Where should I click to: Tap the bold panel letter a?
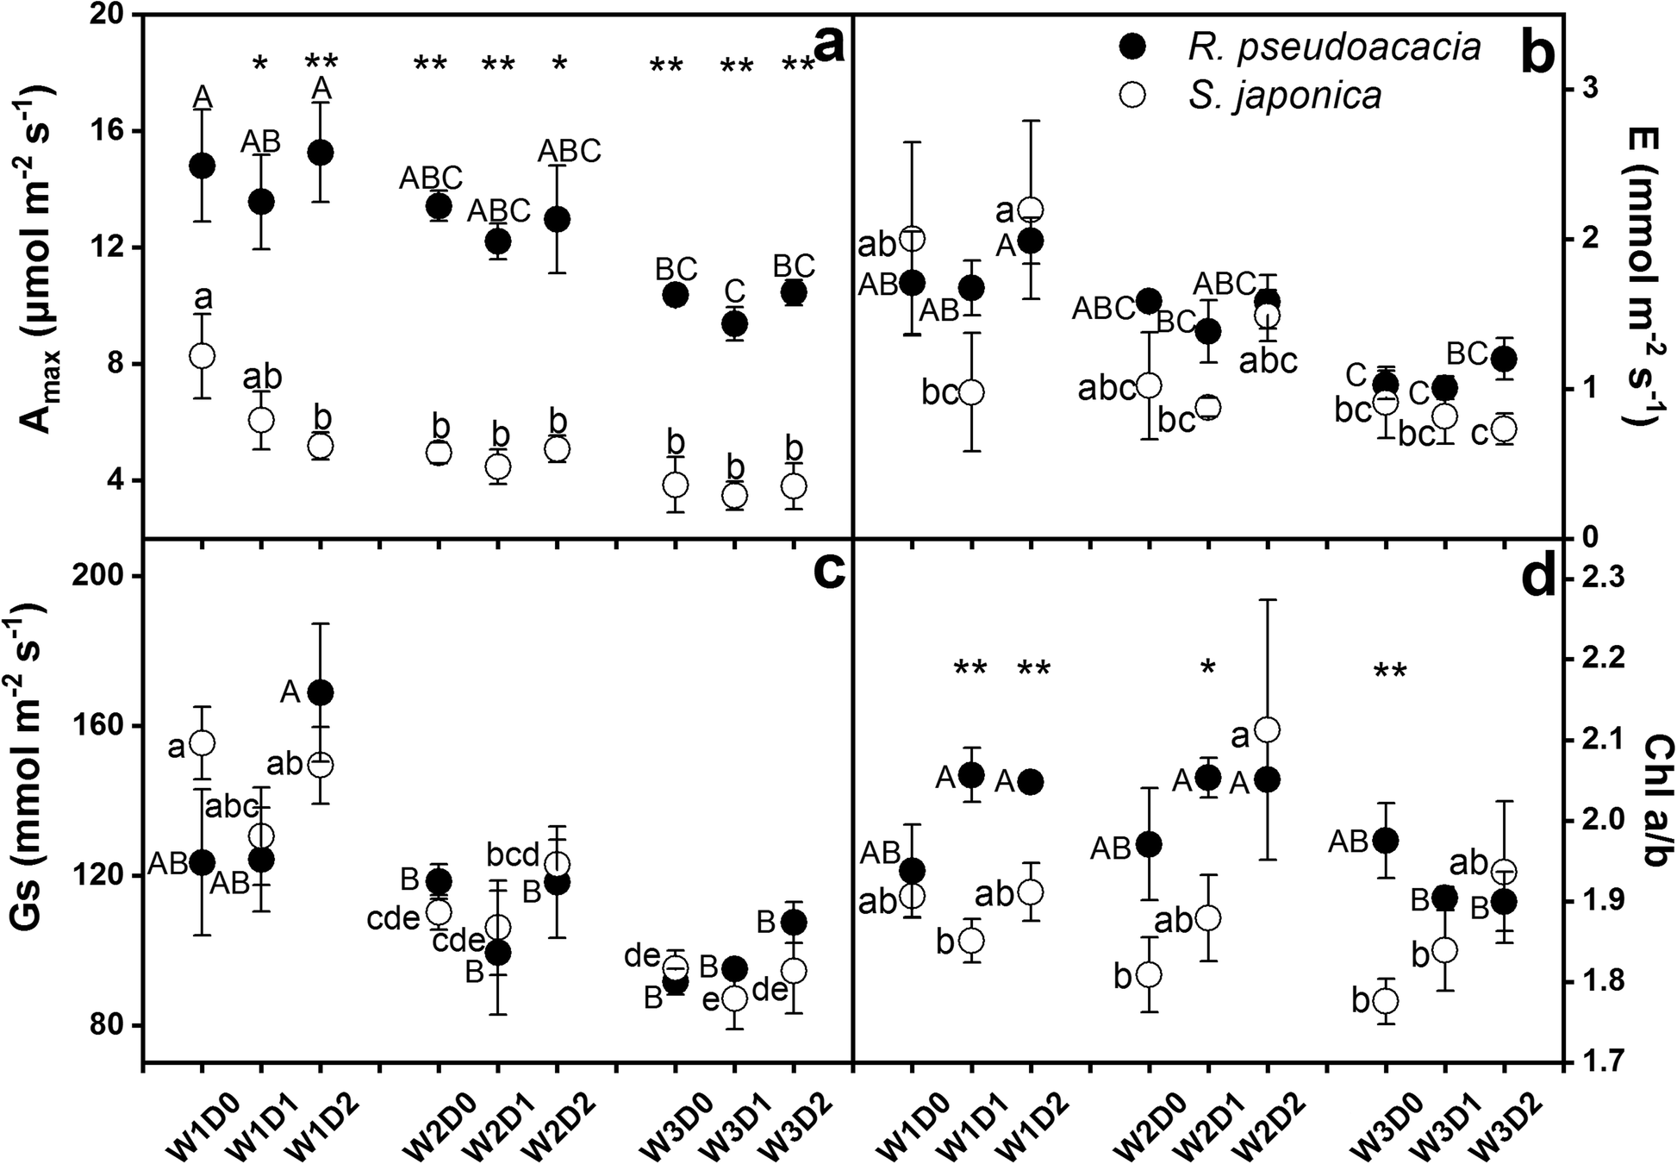[x=828, y=45]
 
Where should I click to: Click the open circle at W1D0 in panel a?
[x=202, y=355]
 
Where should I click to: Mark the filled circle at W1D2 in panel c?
[x=321, y=692]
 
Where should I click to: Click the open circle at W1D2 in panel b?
[x=1031, y=210]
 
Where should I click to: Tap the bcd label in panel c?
[x=514, y=856]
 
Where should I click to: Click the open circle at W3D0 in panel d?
[x=1386, y=1001]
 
